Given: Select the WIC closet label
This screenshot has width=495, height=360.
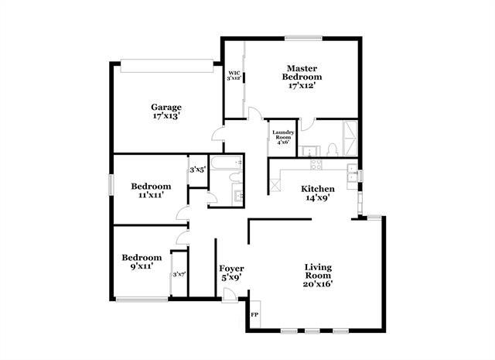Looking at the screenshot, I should (234, 76).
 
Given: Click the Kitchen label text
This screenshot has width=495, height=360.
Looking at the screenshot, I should (317, 193).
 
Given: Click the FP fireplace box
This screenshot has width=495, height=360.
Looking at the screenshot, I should (254, 316).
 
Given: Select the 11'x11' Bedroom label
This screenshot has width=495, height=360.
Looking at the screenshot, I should (151, 190).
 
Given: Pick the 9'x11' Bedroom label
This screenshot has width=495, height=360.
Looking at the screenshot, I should (142, 262).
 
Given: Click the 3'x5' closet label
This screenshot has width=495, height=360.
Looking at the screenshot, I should (197, 170).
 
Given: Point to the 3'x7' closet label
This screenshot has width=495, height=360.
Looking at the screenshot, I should (179, 274).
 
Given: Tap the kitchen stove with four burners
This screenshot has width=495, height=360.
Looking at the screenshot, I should (315, 163).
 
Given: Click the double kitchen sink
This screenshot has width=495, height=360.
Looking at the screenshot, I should (353, 176).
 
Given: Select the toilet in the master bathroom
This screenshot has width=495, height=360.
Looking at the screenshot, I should (331, 149).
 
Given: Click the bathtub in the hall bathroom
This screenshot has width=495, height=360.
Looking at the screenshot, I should (228, 164).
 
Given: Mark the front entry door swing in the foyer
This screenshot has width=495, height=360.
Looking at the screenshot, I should (228, 295).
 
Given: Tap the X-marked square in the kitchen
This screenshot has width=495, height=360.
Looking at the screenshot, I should (275, 186).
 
